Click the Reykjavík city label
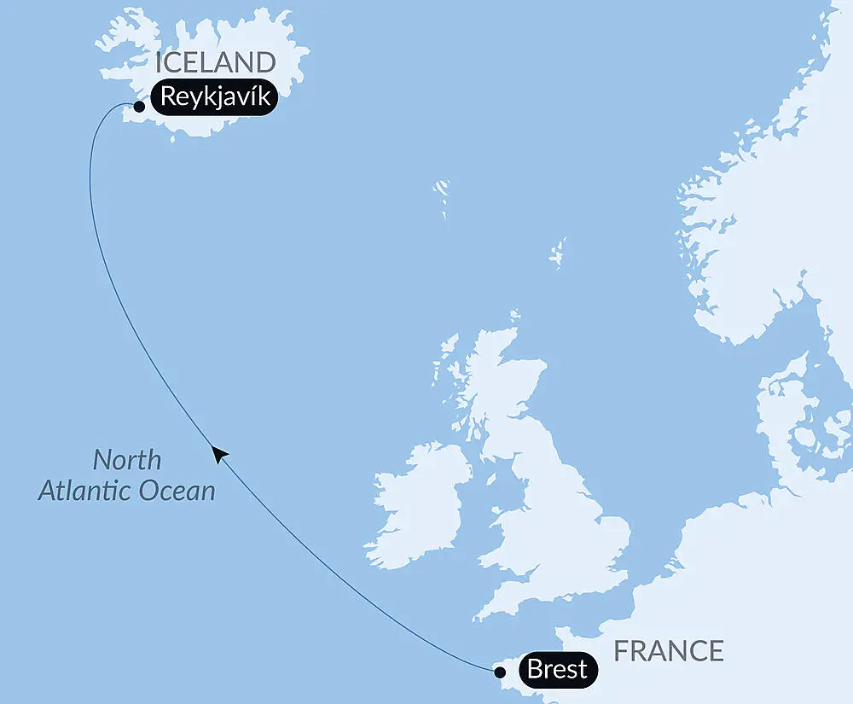(x=215, y=97)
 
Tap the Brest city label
(x=557, y=669)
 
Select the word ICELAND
(x=216, y=62)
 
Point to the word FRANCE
(x=669, y=651)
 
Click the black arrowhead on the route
(x=219, y=454)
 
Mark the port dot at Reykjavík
(x=138, y=107)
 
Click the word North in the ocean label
(x=126, y=460)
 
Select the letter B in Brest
(x=536, y=669)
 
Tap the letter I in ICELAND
(x=158, y=62)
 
